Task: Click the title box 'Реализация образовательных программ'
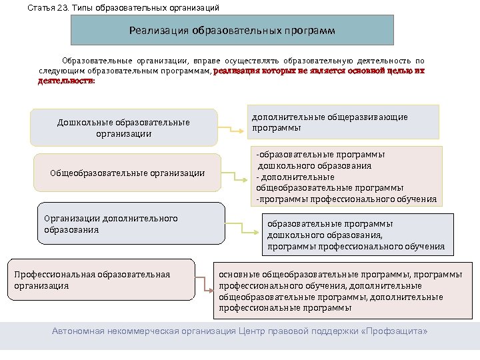(233, 30)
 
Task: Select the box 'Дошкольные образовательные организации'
(125, 127)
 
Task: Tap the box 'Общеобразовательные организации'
(127, 173)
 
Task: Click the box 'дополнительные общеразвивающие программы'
(343, 122)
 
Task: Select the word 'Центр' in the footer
(255, 331)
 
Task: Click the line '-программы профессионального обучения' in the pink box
(347, 199)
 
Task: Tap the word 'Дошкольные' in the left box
(85, 122)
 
